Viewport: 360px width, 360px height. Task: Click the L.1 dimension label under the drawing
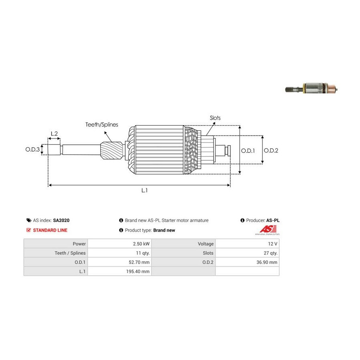(x=144, y=191)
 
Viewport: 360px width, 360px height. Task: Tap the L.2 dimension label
(x=54, y=134)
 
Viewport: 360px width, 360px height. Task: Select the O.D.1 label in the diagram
(x=248, y=150)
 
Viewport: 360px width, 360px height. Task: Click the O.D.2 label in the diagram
(x=271, y=150)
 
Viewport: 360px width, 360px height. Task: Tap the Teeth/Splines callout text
(x=102, y=125)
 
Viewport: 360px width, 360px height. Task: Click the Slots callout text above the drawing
(x=215, y=118)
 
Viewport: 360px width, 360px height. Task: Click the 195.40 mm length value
(x=137, y=271)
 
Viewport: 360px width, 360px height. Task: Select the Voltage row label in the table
(x=206, y=244)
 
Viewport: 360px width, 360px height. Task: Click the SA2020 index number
(x=61, y=220)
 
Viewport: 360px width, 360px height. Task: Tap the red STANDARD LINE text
(x=50, y=230)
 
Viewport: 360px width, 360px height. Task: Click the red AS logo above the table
(x=266, y=229)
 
